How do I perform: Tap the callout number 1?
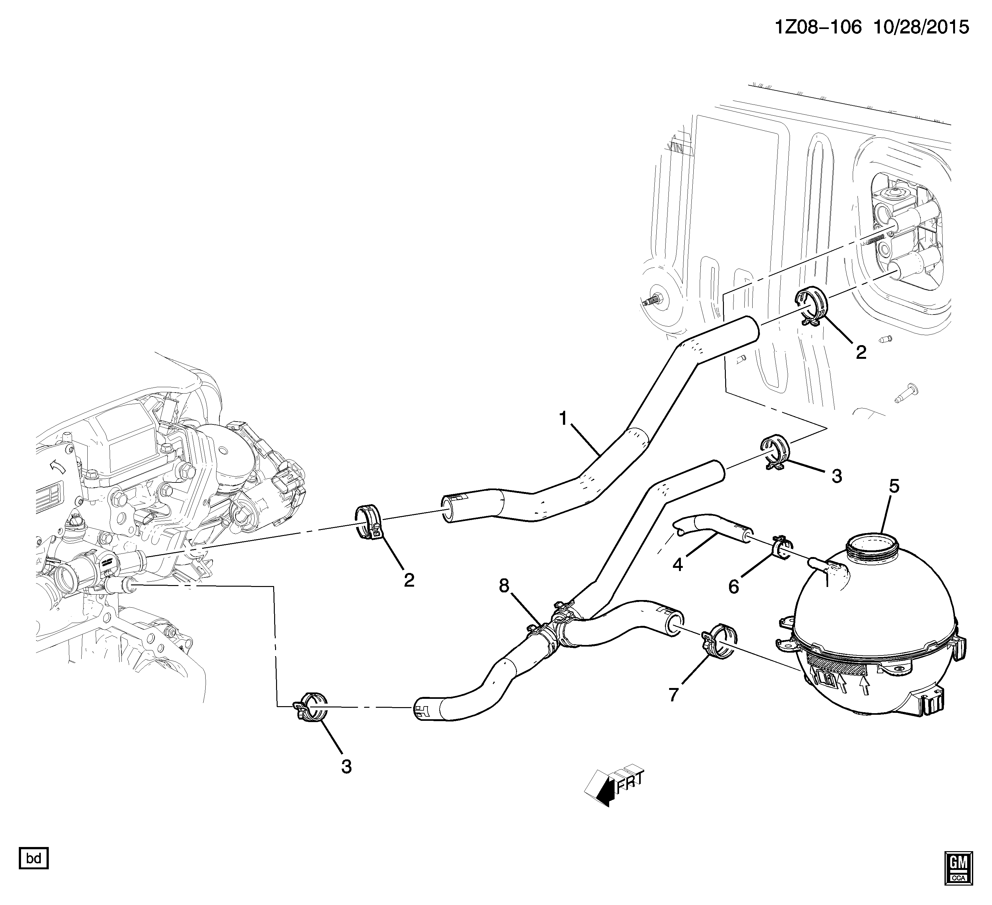coord(563,419)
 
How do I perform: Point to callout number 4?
coord(678,565)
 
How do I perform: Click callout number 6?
coord(734,587)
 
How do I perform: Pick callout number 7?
coord(674,694)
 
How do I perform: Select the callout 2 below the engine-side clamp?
coord(409,580)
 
